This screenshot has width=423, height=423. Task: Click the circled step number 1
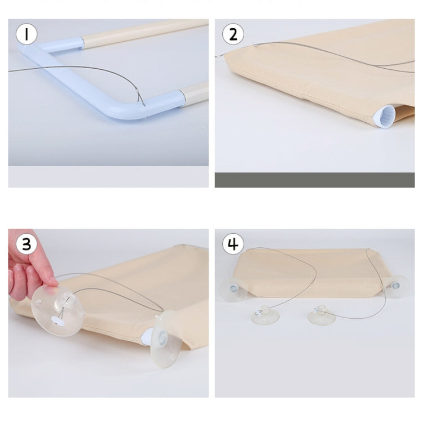pos(27,34)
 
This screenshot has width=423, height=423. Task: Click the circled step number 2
pos(233,34)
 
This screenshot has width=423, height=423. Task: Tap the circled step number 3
pos(27,244)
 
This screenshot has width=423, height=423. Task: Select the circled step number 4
pos(233,244)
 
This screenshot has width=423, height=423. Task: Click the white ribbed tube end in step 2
pos(384,116)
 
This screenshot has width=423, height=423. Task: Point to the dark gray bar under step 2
pos(315,180)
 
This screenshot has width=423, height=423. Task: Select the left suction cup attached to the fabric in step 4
pos(233,290)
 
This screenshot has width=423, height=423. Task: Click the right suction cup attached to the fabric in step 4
pos(397,286)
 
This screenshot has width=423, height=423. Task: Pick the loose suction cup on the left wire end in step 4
pos(265,314)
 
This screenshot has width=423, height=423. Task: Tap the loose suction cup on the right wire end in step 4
pos(321,314)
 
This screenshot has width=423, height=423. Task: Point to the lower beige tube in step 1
pos(195,94)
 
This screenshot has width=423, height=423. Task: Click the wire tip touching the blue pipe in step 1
pos(144,105)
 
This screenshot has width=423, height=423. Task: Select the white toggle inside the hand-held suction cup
pos(58,320)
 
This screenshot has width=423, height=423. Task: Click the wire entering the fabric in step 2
pos(256,46)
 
